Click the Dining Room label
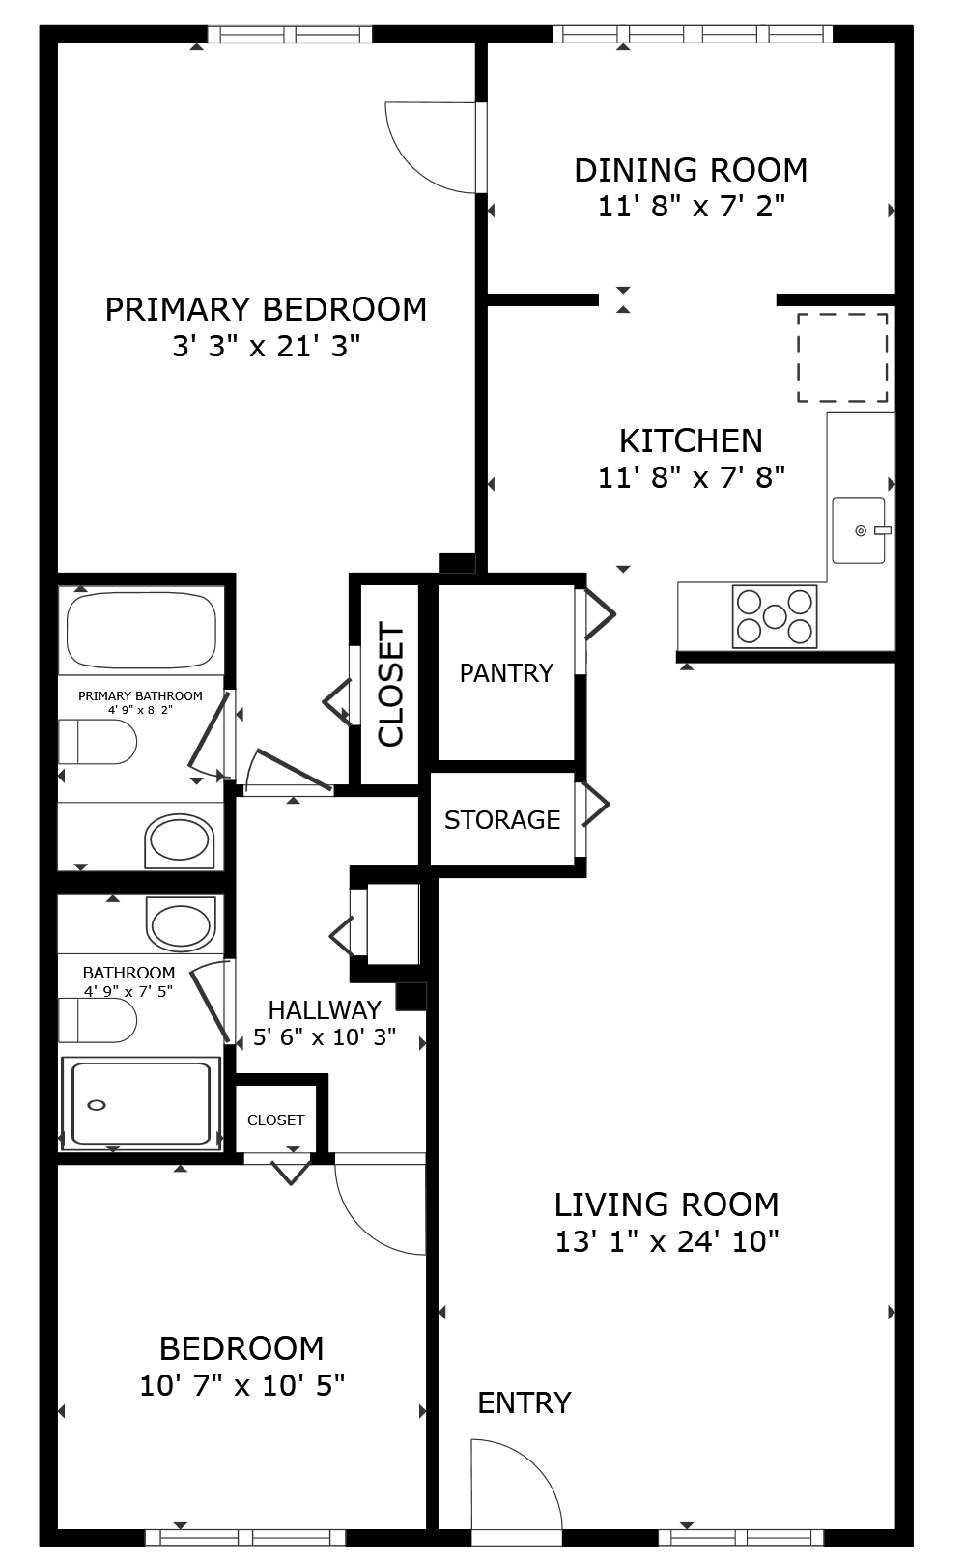[x=691, y=171]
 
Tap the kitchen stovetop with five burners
[x=775, y=616]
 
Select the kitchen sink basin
[x=859, y=530]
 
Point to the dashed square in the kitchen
[x=842, y=357]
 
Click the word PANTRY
[x=507, y=673]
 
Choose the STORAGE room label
[x=502, y=820]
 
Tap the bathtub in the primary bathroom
[x=141, y=631]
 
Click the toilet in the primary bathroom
[x=98, y=742]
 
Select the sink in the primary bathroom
[x=180, y=840]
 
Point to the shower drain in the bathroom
[x=97, y=1105]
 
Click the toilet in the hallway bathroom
[x=98, y=1020]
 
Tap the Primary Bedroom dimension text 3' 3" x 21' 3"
[x=267, y=346]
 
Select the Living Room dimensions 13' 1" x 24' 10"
[x=666, y=1241]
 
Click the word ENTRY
[x=525, y=1403]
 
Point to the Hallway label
[x=325, y=1009]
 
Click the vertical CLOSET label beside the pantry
[x=390, y=684]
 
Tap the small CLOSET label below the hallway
[x=275, y=1120]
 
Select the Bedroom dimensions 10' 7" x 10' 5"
[x=242, y=1386]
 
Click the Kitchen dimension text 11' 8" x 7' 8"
[x=692, y=477]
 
